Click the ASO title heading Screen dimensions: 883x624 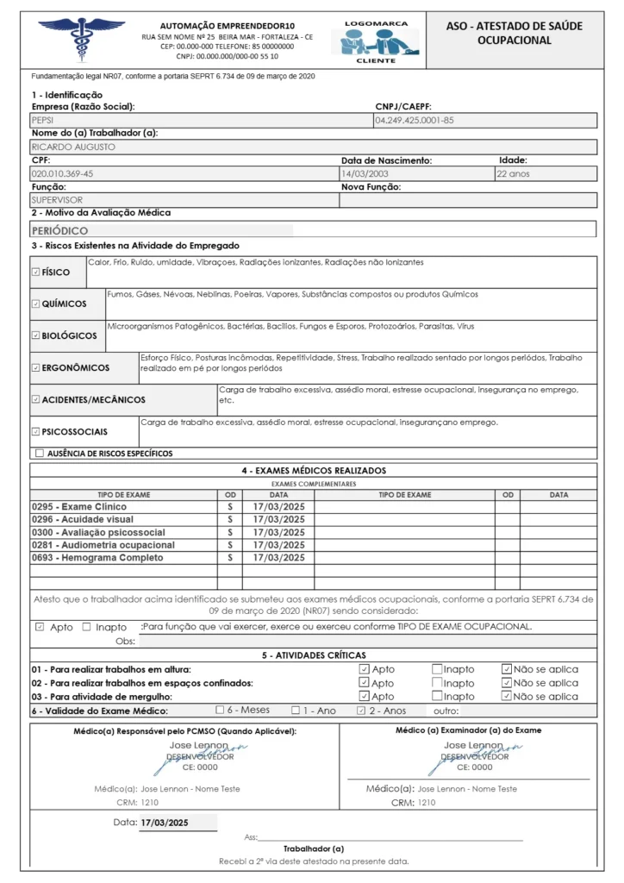pos(514,33)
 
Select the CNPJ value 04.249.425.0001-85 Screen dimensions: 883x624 pos(415,121)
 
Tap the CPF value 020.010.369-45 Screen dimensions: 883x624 pos(62,173)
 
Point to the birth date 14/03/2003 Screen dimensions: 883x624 pos(365,173)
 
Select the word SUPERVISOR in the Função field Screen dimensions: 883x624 pos(57,200)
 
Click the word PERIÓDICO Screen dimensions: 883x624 pos(59,231)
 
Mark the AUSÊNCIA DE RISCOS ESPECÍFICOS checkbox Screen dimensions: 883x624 pos(40,453)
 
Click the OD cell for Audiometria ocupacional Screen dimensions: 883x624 pos(229,545)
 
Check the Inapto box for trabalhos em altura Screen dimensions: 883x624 pos(437,669)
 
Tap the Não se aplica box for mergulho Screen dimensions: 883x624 pos(507,697)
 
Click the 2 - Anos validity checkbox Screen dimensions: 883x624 pos(362,711)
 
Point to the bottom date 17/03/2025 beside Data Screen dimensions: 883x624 pos(164,823)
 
